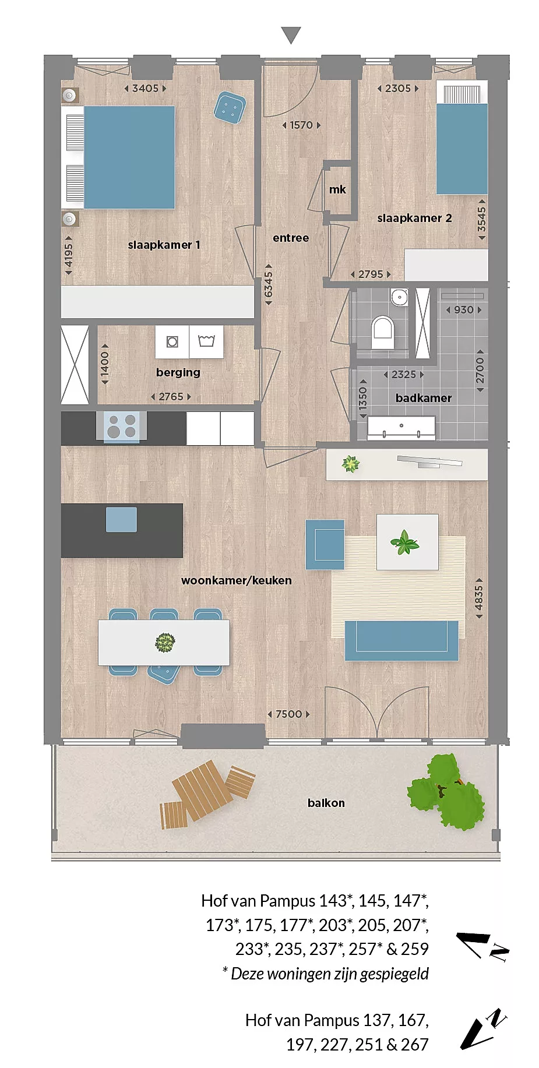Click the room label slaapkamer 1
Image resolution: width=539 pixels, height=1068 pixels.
tap(164, 245)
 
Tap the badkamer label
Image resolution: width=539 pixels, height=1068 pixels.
tap(424, 398)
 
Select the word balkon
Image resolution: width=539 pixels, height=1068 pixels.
tap(326, 803)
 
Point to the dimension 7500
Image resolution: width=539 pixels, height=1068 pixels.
tap(289, 714)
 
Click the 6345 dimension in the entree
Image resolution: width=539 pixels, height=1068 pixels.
tap(269, 284)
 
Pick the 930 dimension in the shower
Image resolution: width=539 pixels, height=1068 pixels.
tap(464, 310)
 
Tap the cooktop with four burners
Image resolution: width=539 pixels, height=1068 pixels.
tap(122, 426)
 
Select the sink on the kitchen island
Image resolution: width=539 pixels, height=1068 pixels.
tap(121, 519)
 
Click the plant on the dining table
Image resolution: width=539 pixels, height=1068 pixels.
tap(165, 643)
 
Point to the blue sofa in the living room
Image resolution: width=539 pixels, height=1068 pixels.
tap(401, 640)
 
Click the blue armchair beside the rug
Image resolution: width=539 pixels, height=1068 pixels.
tap(325, 545)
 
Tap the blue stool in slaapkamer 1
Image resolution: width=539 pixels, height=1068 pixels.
tap(229, 107)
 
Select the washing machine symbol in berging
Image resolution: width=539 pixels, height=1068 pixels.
tap(172, 341)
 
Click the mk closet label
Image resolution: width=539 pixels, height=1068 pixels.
tap(337, 190)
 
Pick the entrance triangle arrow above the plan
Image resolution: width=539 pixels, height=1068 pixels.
tap(291, 36)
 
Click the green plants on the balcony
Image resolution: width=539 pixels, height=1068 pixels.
tap(446, 791)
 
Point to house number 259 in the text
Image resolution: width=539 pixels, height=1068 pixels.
tap(415, 949)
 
